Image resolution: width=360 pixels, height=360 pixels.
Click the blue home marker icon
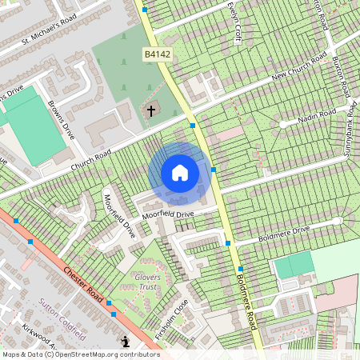180,173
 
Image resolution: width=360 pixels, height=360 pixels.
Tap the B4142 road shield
158,54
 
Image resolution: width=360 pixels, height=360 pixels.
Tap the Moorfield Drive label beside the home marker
168,215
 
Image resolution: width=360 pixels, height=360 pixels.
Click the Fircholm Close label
171,318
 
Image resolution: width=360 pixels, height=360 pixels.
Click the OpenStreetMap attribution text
80,354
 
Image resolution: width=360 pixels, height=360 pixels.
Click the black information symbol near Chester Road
126,342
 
